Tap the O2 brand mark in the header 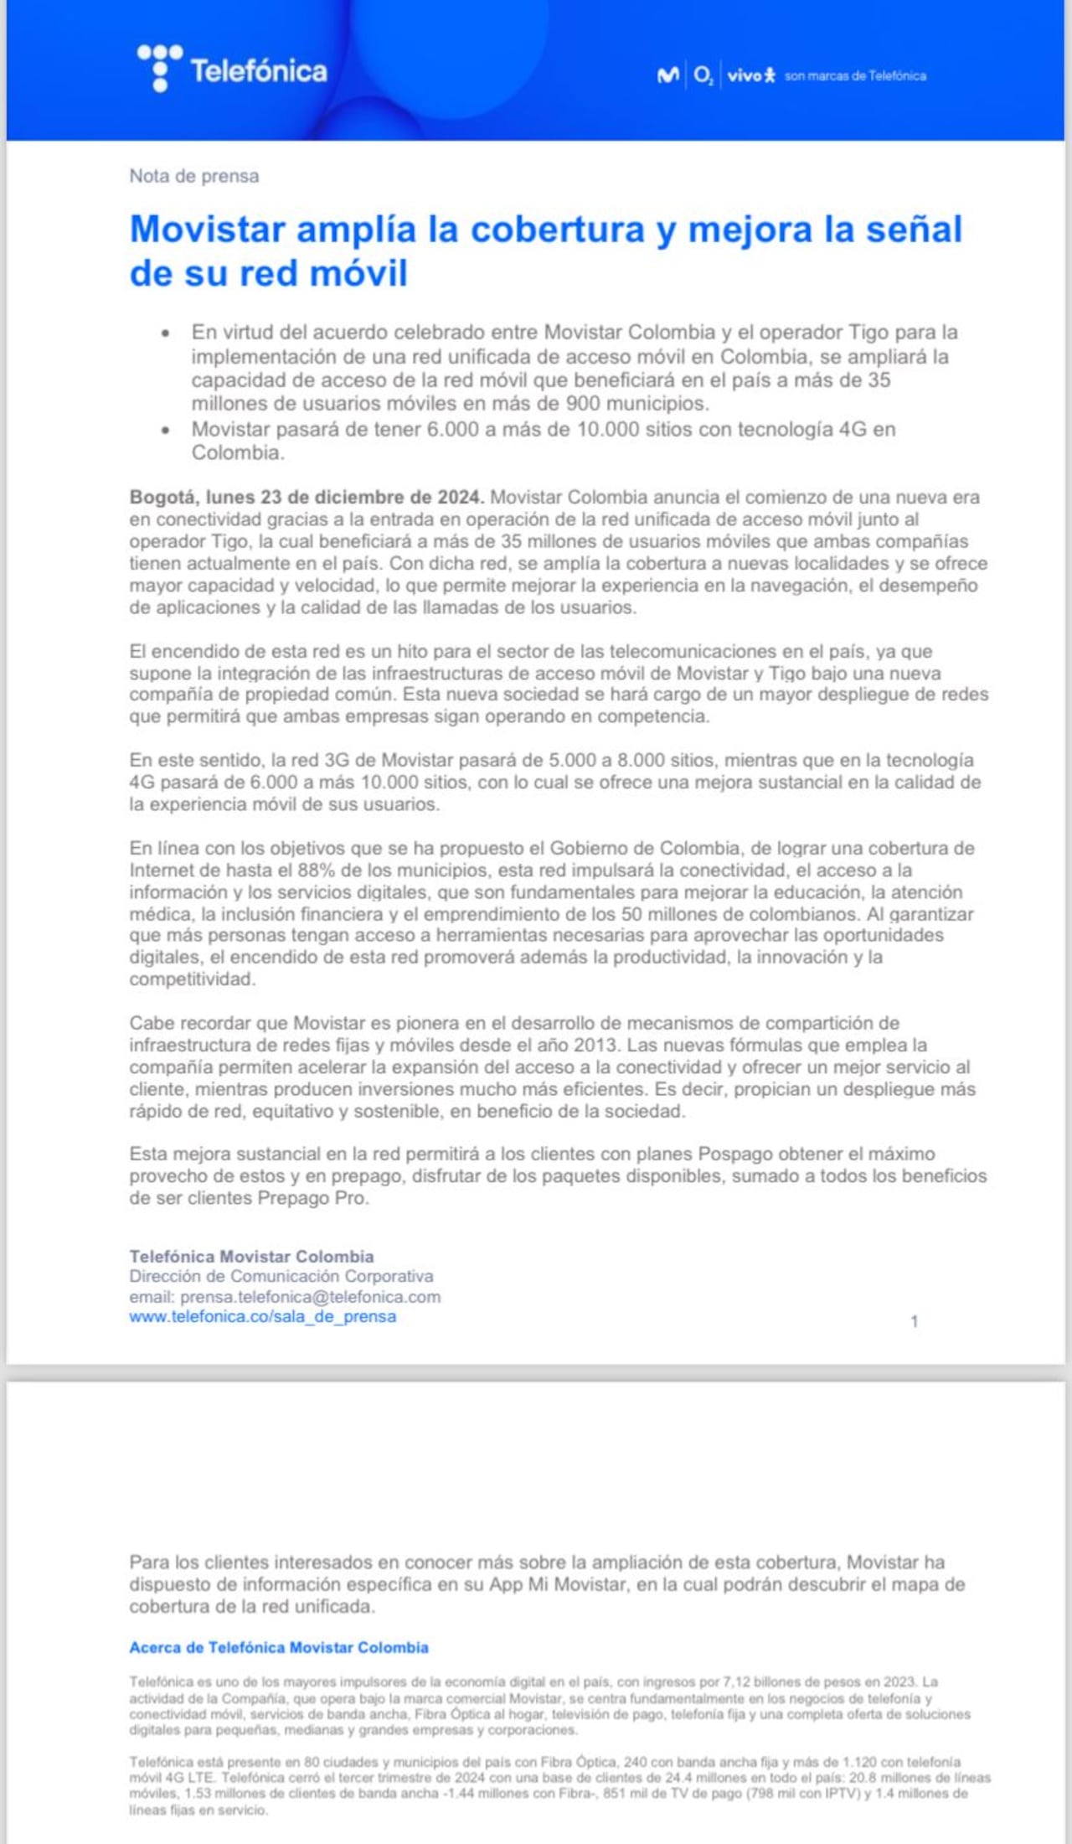(x=703, y=75)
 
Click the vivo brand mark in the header (x=750, y=75)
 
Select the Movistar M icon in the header (x=667, y=75)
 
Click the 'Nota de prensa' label (x=193, y=176)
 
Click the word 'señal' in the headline (x=914, y=230)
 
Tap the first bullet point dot (x=166, y=333)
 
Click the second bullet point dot (x=166, y=430)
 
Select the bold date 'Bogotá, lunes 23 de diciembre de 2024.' (x=307, y=497)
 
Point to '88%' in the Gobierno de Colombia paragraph (x=316, y=870)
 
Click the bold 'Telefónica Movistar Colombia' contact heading (x=251, y=1256)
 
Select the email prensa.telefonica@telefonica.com (x=310, y=1296)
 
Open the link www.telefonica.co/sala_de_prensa (x=262, y=1316)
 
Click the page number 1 (x=914, y=1321)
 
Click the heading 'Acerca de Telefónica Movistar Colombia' (x=278, y=1647)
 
